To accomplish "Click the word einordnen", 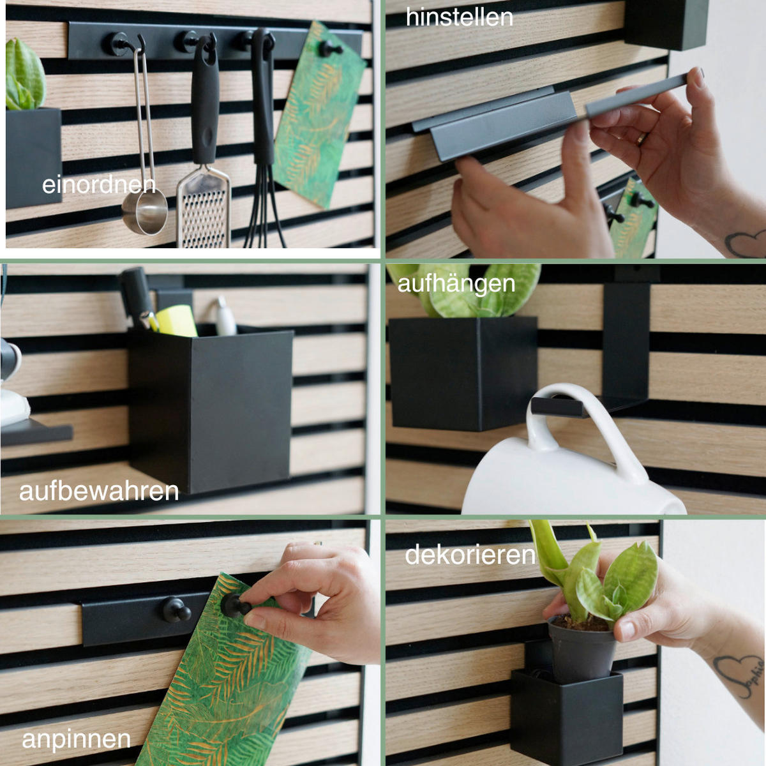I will (x=99, y=185).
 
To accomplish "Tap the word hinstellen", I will (x=459, y=17).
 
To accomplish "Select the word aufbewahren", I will (x=99, y=491).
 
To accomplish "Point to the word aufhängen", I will (x=456, y=283).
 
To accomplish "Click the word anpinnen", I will (x=76, y=739).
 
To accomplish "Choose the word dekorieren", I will (x=470, y=555).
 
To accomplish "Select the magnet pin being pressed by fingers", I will (x=236, y=604).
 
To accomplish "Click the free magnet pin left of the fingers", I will (x=176, y=609).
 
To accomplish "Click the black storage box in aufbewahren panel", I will (x=211, y=409).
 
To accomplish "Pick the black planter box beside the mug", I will (x=463, y=373).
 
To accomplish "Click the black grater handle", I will (x=205, y=109).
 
